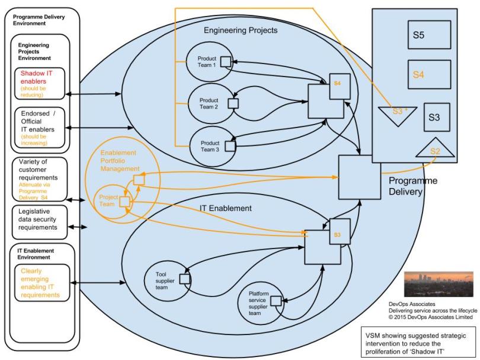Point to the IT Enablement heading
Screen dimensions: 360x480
(x=225, y=208)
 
